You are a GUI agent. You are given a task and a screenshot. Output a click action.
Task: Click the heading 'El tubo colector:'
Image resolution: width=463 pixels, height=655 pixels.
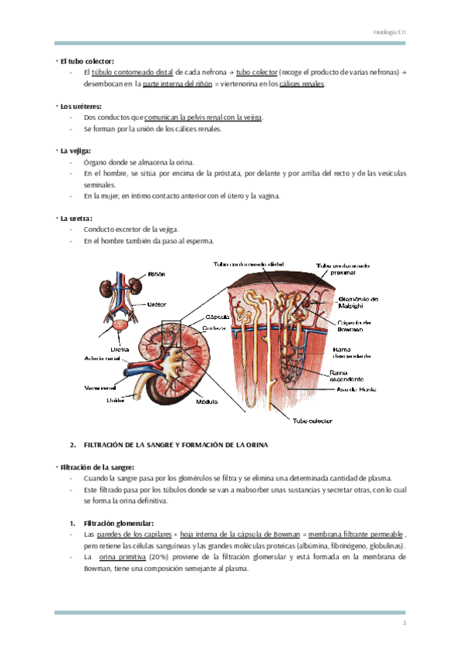(x=87, y=60)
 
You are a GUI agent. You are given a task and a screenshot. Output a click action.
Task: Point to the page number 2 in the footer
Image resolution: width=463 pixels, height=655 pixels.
(x=403, y=623)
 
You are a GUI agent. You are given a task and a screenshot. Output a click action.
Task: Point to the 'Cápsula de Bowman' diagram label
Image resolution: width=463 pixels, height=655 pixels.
(x=355, y=325)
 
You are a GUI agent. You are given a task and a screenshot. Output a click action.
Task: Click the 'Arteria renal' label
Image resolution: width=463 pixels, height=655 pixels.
(x=102, y=358)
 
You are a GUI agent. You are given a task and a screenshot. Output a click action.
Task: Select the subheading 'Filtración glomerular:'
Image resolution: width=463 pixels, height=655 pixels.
(x=118, y=523)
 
